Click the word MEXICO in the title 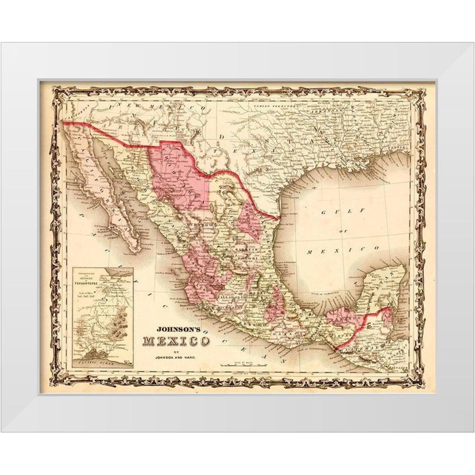(x=176, y=342)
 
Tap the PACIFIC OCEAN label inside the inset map (x=101, y=362)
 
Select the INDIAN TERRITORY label (x=276, y=106)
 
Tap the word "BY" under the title (x=176, y=351)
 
